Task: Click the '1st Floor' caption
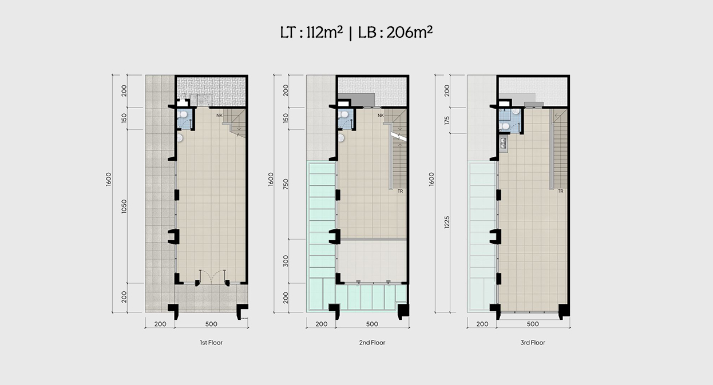click(x=211, y=343)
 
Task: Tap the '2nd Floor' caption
click(x=372, y=343)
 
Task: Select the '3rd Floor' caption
click(x=533, y=343)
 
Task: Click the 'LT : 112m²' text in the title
click(x=311, y=33)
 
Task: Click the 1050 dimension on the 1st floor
click(x=124, y=206)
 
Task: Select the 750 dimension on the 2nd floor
click(x=286, y=184)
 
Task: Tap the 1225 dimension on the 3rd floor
click(x=447, y=222)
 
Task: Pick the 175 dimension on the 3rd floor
click(x=447, y=120)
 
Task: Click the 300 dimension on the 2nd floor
click(x=286, y=261)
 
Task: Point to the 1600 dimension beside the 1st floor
click(x=109, y=179)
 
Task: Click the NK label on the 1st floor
click(x=219, y=116)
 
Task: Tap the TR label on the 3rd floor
click(x=561, y=191)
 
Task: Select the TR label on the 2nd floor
click(x=400, y=191)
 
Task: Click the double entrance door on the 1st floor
click(x=212, y=277)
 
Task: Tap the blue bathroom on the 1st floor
click(x=184, y=118)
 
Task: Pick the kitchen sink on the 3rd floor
click(x=503, y=143)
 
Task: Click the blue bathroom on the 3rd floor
click(x=510, y=120)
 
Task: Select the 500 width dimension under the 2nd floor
click(x=372, y=324)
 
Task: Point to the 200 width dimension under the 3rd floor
click(x=482, y=324)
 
